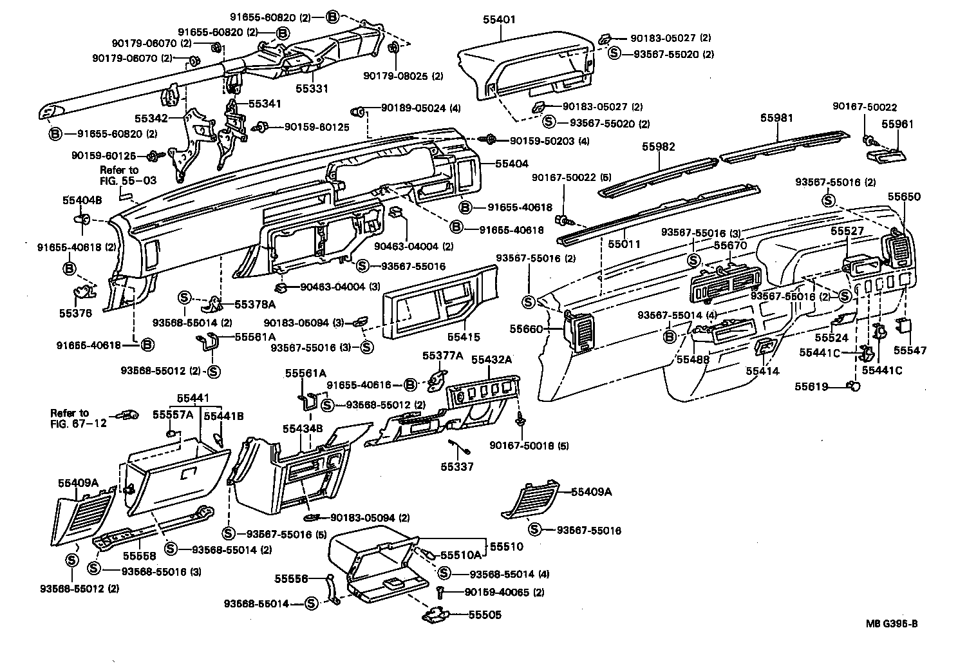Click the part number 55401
pyautogui.click(x=499, y=20)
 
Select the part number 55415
pyautogui.click(x=464, y=337)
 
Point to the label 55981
pyautogui.click(x=776, y=118)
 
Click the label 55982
pyautogui.click(x=658, y=147)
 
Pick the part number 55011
pyautogui.click(x=625, y=245)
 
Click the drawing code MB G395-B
pyautogui.click(x=891, y=623)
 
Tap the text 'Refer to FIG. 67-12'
pyautogui.click(x=71, y=417)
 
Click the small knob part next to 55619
pyautogui.click(x=855, y=386)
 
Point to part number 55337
pyautogui.click(x=457, y=466)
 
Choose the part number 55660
pyautogui.click(x=526, y=328)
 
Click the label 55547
pyautogui.click(x=910, y=350)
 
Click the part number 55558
pyautogui.click(x=137, y=556)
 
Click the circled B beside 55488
pyautogui.click(x=669, y=336)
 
